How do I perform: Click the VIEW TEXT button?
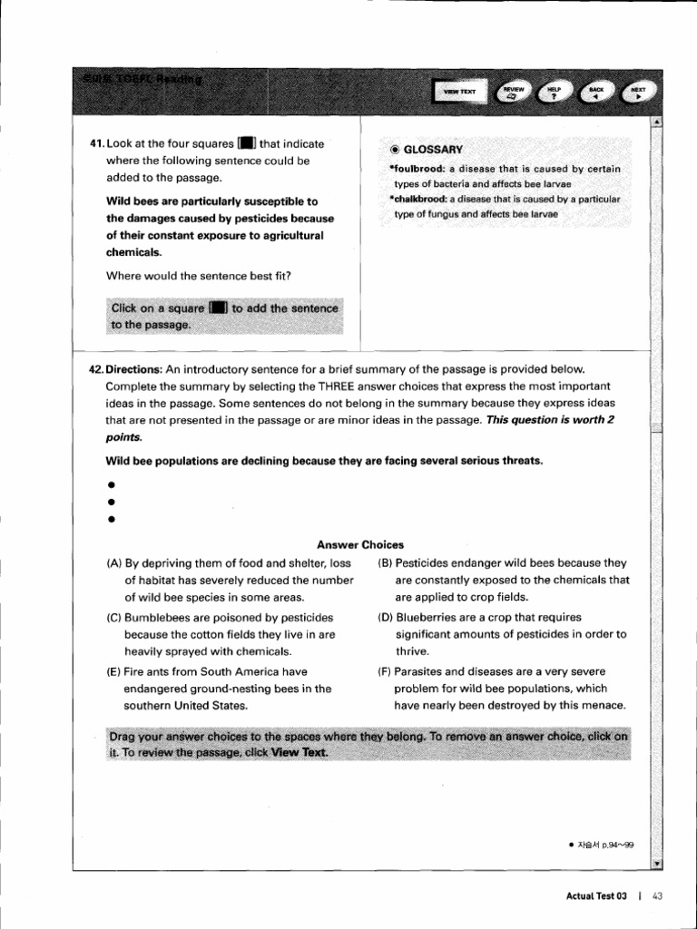[459, 92]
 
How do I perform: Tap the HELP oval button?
[555, 91]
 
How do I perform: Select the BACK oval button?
[595, 91]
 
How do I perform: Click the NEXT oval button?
[638, 91]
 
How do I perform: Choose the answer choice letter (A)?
[114, 563]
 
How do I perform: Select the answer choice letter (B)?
[385, 563]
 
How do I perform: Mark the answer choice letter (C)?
[114, 618]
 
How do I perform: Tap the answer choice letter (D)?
[386, 618]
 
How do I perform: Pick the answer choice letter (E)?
[114, 671]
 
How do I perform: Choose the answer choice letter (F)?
[385, 671]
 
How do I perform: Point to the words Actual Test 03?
[596, 895]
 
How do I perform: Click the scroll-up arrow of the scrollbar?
[656, 122]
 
